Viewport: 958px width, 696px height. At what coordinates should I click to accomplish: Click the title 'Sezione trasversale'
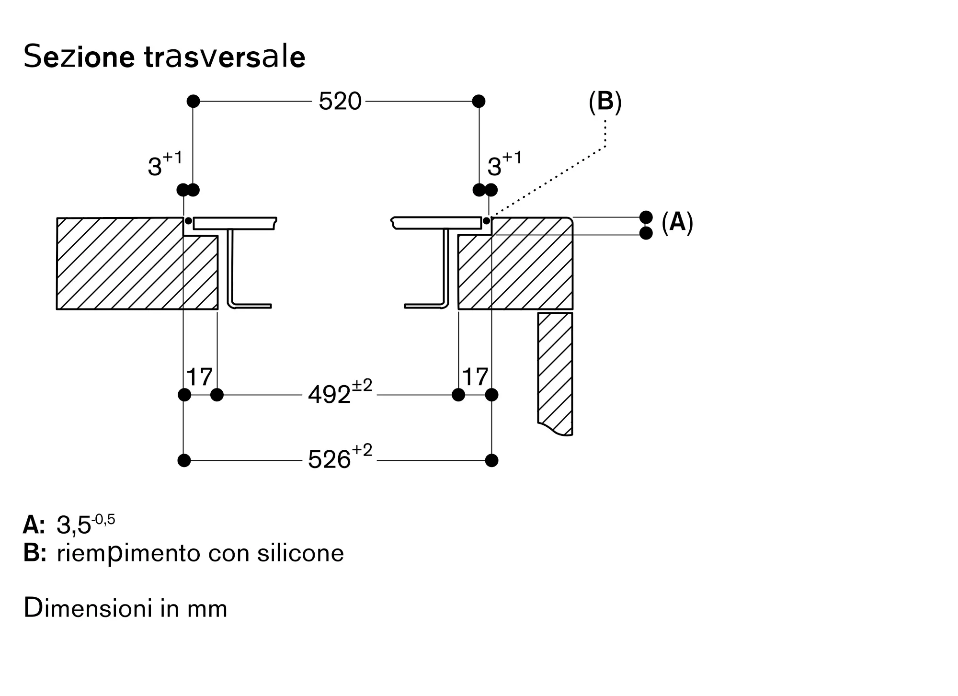pyautogui.click(x=164, y=57)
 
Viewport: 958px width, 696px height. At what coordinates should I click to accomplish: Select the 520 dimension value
pyautogui.click(x=340, y=102)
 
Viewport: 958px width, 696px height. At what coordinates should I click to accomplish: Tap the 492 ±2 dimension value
pyautogui.click(x=340, y=392)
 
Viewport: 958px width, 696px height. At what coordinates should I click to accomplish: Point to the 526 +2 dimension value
pyautogui.click(x=340, y=457)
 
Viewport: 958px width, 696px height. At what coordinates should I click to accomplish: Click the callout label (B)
pyautogui.click(x=605, y=102)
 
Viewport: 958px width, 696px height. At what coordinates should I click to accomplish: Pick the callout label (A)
pyautogui.click(x=677, y=222)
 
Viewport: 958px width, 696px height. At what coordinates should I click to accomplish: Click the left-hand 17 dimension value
pyautogui.click(x=199, y=377)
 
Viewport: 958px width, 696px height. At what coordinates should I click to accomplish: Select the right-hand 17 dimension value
pyautogui.click(x=475, y=377)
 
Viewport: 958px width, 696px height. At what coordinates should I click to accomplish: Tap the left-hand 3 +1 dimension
pyautogui.click(x=165, y=164)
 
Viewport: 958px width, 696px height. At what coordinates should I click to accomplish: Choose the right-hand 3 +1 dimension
pyautogui.click(x=504, y=164)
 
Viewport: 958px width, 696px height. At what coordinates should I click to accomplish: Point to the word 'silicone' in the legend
pyautogui.click(x=300, y=553)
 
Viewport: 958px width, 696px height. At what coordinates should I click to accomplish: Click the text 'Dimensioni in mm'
pyautogui.click(x=125, y=608)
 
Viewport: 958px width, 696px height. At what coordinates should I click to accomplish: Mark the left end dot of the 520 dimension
pyautogui.click(x=193, y=101)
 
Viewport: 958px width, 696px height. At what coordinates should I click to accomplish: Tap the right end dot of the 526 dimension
pyautogui.click(x=491, y=460)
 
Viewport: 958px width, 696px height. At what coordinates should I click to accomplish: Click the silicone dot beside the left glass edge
pyautogui.click(x=188, y=221)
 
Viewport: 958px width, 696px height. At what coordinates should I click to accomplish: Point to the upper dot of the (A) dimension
pyautogui.click(x=646, y=217)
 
